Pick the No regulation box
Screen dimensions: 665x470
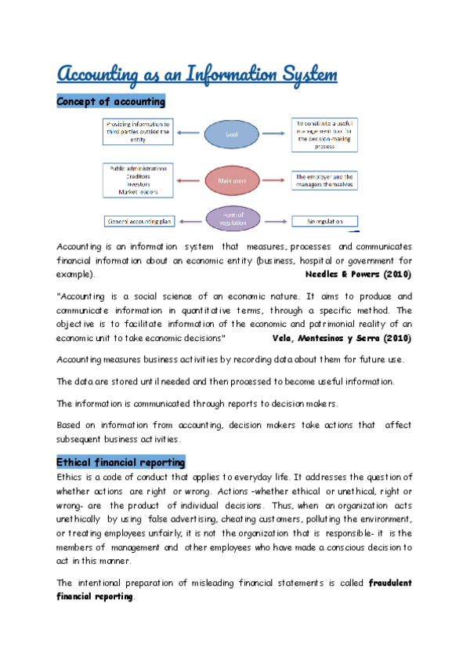click(324, 221)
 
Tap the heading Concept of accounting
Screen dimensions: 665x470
click(110, 101)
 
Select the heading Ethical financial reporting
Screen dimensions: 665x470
click(121, 462)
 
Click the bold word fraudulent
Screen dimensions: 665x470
click(380, 583)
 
